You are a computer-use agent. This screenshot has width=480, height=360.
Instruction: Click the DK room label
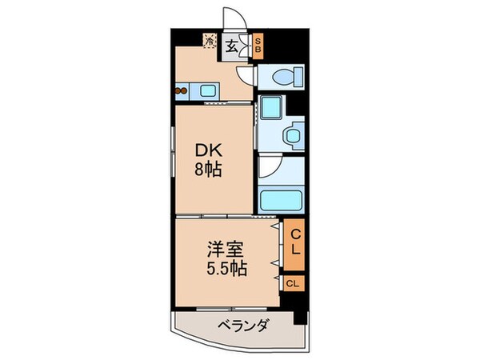click(x=208, y=150)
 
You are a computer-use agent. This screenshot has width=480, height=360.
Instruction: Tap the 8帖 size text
click(x=208, y=170)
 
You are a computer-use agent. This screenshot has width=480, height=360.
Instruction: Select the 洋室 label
click(x=226, y=250)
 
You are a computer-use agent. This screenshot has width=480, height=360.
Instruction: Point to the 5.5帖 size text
click(x=226, y=269)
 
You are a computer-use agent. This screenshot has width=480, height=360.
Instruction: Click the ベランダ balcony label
click(x=243, y=325)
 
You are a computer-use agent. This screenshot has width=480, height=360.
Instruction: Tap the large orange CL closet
click(x=294, y=245)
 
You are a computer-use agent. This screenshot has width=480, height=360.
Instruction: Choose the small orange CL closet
click(x=294, y=283)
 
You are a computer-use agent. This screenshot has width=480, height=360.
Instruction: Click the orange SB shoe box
click(x=258, y=46)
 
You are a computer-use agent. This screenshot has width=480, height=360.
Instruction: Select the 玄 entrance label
click(x=232, y=46)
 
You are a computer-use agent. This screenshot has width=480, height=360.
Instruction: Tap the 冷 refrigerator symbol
click(x=210, y=41)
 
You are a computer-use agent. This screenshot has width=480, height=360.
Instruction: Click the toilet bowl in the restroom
click(x=283, y=77)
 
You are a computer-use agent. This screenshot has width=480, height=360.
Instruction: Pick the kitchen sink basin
click(x=208, y=91)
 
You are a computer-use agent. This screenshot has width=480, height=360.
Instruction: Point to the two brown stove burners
click(x=181, y=91)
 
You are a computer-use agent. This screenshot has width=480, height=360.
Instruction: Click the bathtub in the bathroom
click(x=281, y=200)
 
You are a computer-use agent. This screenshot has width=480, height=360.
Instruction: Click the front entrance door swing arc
click(x=235, y=15)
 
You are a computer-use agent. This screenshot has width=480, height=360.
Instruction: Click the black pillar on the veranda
click(x=300, y=318)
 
